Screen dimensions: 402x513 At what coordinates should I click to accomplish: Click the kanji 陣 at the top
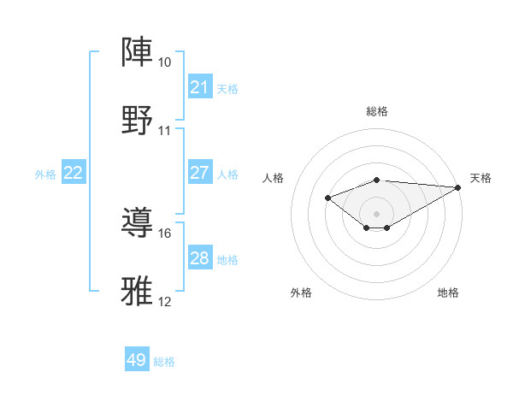[138, 53]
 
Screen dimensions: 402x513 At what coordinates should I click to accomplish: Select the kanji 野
[138, 119]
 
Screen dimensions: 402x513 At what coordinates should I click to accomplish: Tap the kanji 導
[138, 223]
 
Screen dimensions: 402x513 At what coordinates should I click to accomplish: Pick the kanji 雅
[138, 291]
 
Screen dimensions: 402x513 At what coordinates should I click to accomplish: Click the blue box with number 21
[199, 86]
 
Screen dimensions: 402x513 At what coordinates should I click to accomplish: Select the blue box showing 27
[199, 173]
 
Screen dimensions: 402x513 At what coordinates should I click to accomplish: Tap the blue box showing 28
[199, 258]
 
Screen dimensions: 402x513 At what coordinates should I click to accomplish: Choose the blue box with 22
[73, 173]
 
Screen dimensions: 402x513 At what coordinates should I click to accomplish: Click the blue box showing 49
[137, 360]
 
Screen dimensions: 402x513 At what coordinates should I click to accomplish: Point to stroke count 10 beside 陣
[164, 63]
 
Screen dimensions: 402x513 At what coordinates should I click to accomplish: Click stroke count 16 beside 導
[164, 233]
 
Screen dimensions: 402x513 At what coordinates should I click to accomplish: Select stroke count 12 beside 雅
[164, 301]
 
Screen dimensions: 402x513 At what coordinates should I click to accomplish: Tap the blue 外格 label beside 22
[45, 174]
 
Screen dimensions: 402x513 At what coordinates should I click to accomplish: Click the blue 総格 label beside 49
[164, 362]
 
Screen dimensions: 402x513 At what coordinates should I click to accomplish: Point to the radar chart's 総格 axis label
[376, 111]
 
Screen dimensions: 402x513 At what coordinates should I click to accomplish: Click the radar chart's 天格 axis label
[481, 178]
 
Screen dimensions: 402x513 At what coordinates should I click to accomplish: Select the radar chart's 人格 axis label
[274, 178]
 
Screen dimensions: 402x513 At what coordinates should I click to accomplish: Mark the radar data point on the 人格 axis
[327, 198]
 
